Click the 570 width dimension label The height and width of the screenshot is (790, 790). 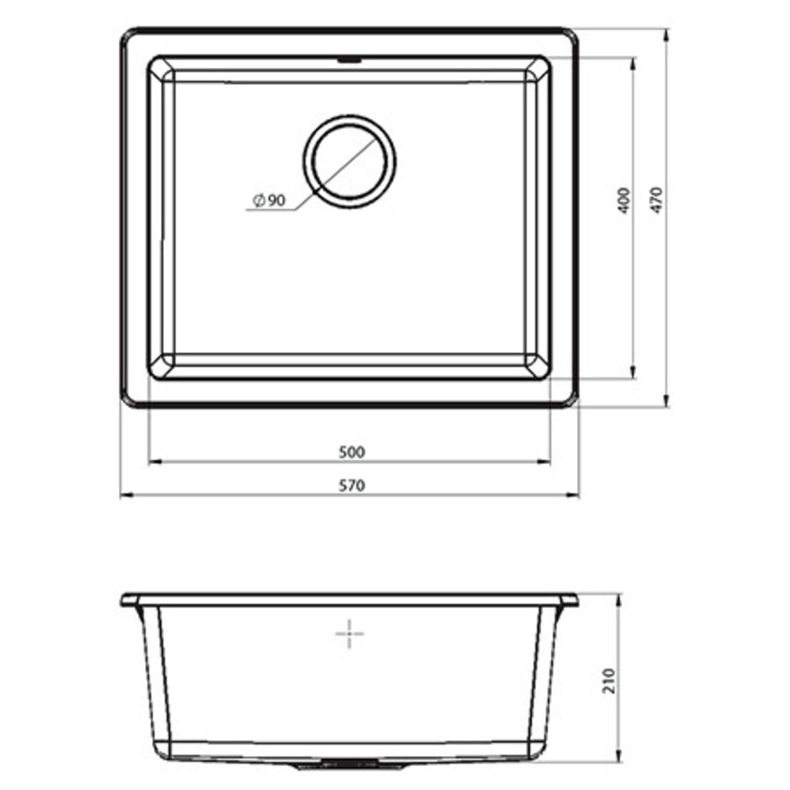coord(351,487)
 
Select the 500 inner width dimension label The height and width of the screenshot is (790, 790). coord(351,452)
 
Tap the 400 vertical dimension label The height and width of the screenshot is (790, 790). coord(625,201)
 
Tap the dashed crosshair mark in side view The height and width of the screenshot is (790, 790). coord(350,634)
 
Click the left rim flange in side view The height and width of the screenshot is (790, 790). coord(130,602)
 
